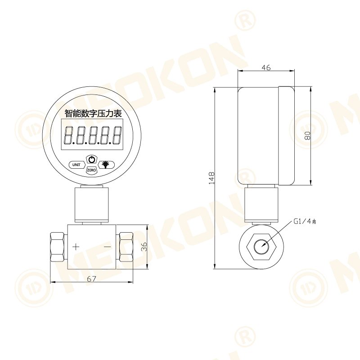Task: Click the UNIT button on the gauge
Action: [76, 165]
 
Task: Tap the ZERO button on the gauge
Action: [91, 171]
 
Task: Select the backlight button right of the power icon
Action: [106, 164]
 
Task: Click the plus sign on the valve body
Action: [76, 246]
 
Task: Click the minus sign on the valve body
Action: [107, 247]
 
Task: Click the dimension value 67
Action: [91, 279]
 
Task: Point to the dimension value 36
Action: [144, 247]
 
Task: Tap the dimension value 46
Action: [266, 67]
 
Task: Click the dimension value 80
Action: [307, 135]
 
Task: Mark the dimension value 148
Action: [211, 178]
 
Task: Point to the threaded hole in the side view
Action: [262, 247]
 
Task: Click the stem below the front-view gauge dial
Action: [92, 205]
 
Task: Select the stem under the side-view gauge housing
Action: [261, 205]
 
